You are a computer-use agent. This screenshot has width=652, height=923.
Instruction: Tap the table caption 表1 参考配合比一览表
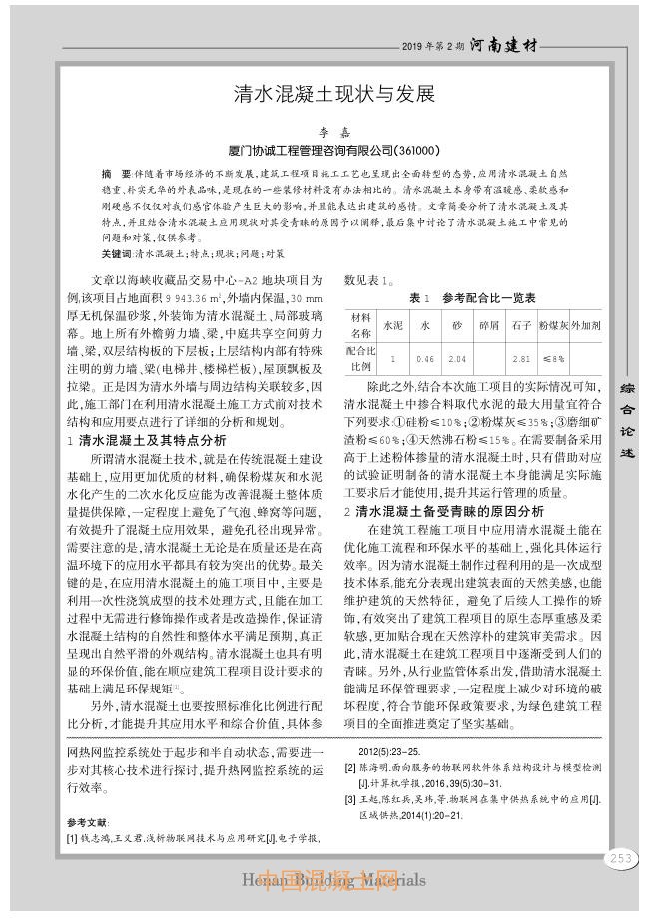[x=472, y=297]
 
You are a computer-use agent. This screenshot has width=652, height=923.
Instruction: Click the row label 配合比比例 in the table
[x=360, y=358]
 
